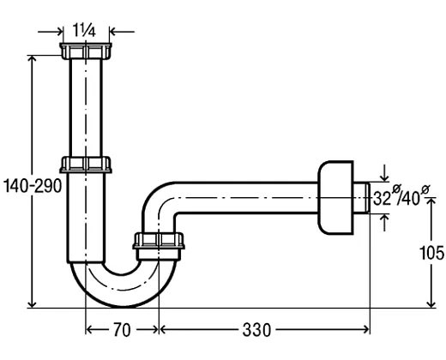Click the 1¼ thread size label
84,30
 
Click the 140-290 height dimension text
33,186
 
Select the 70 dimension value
122,330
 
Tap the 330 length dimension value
256,330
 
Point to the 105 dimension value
431,253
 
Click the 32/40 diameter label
401,197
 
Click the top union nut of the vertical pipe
86,51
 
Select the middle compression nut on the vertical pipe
86,165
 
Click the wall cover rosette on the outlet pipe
335,198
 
